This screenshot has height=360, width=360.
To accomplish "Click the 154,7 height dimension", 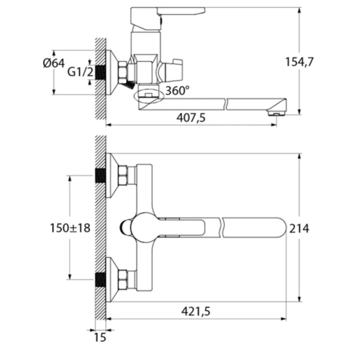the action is pyautogui.click(x=299, y=62).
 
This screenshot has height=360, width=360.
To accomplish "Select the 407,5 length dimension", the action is pyautogui.click(x=191, y=118).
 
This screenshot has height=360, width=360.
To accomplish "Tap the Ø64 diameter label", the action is pyautogui.click(x=54, y=63).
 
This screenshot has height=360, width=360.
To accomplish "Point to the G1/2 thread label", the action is pyautogui.click(x=80, y=72).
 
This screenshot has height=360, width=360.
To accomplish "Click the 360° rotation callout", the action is pyautogui.click(x=178, y=91).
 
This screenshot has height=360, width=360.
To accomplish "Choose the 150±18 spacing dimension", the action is pyautogui.click(x=70, y=228).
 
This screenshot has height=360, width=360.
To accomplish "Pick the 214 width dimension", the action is pyautogui.click(x=299, y=229).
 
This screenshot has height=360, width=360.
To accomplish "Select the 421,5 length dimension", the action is pyautogui.click(x=196, y=311).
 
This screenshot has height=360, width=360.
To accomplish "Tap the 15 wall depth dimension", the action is pyautogui.click(x=100, y=337).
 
